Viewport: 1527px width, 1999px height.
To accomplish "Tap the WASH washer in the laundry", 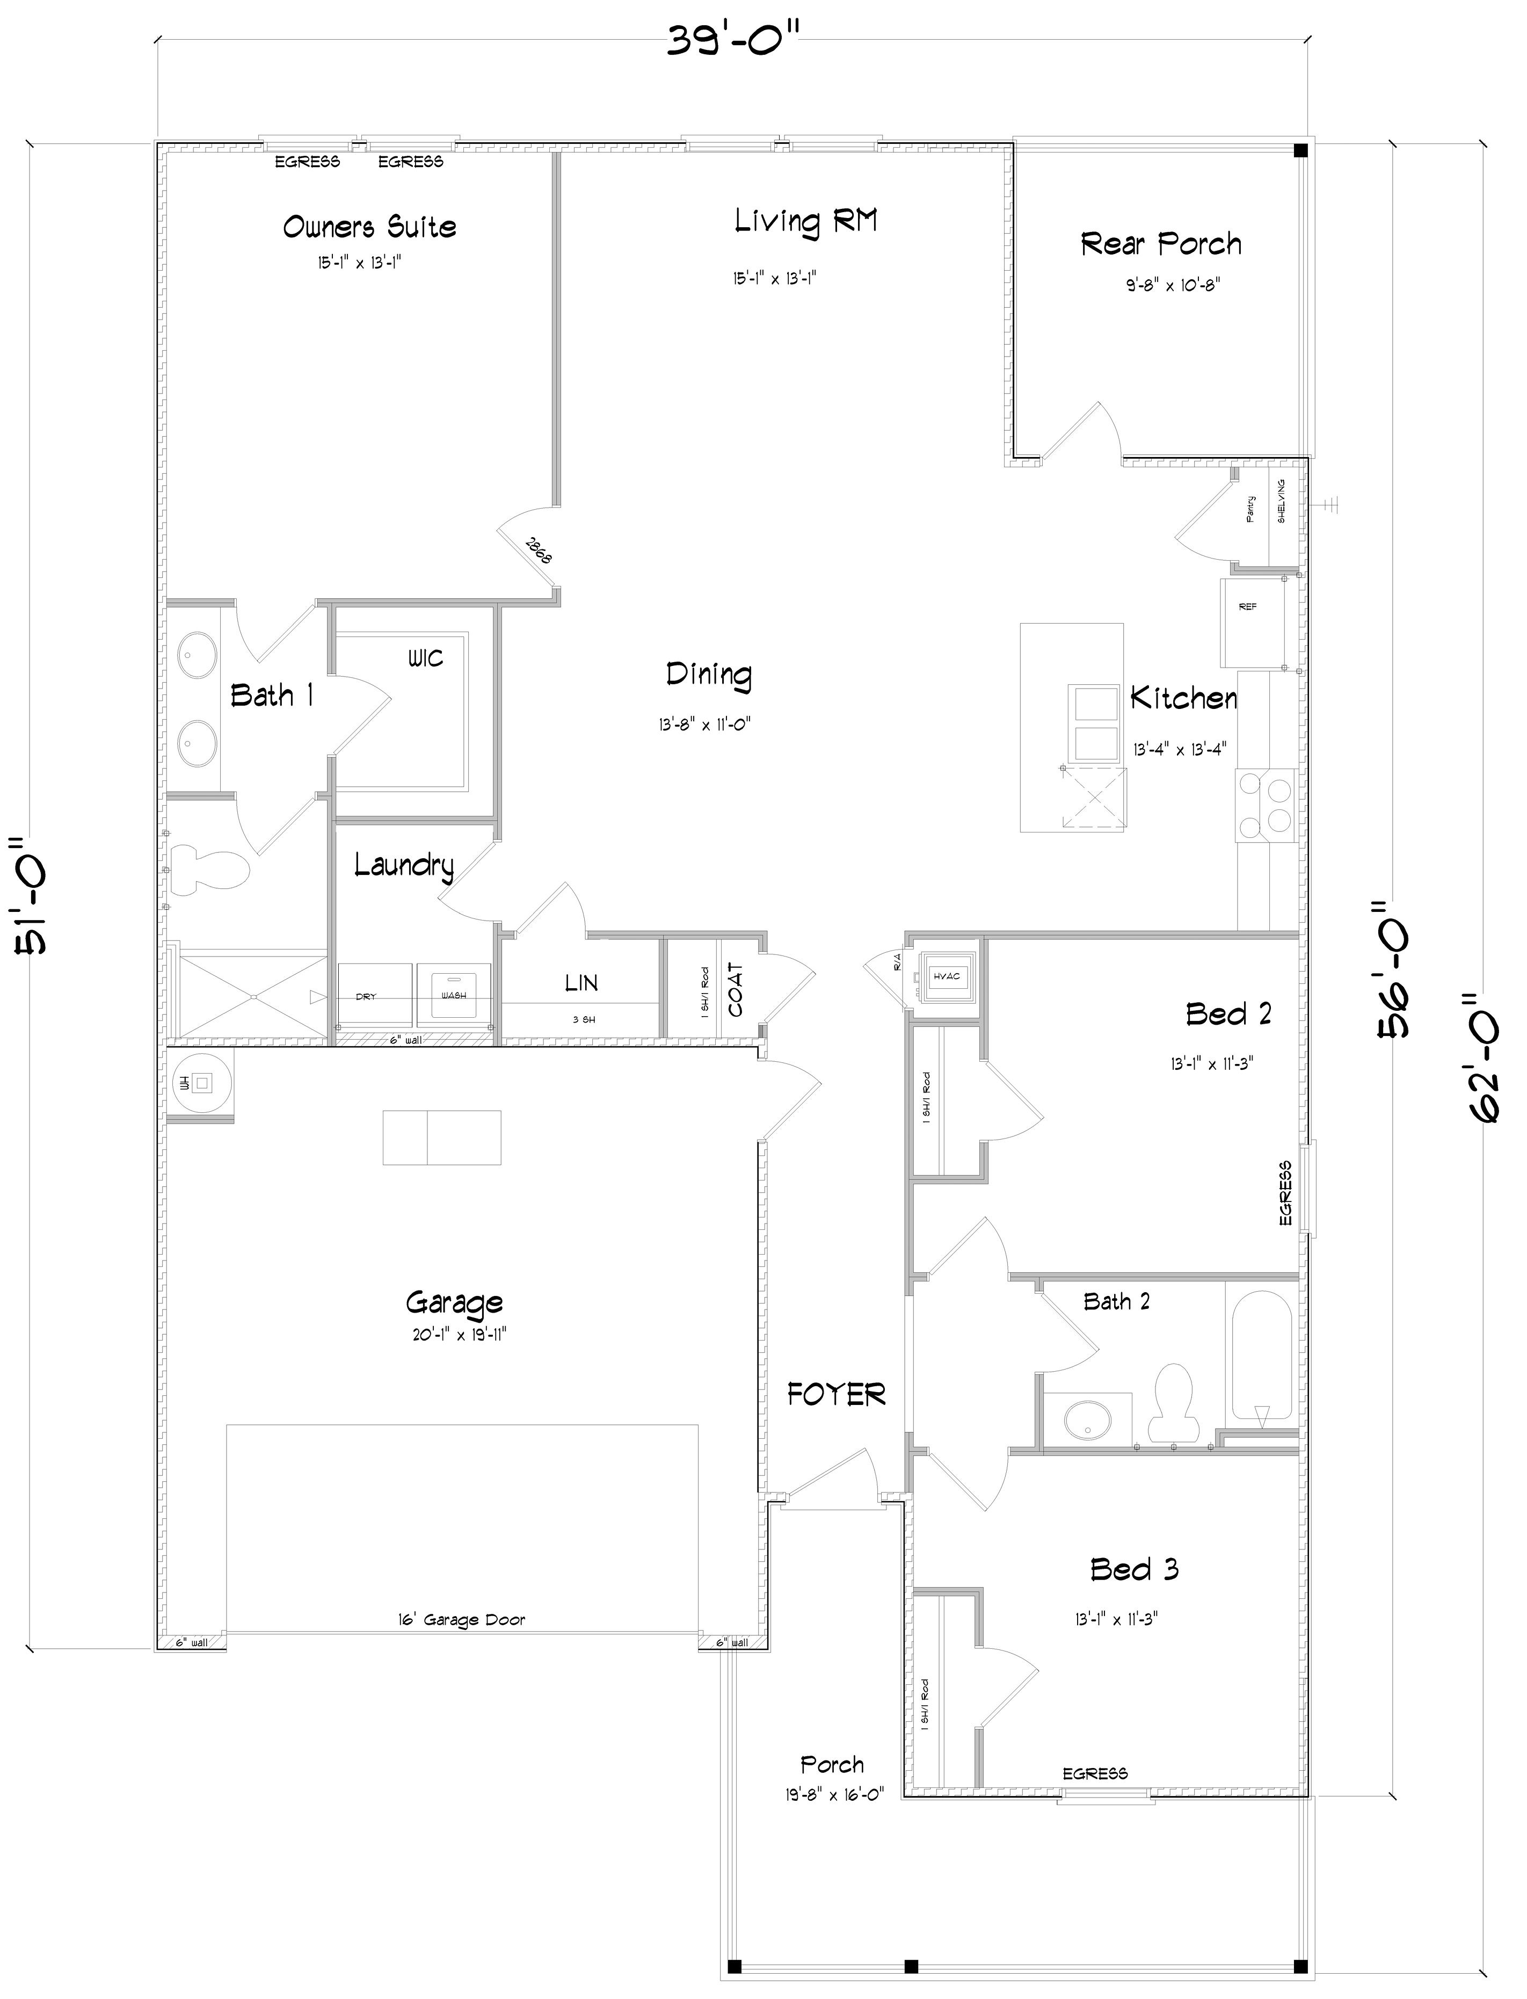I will point(454,995).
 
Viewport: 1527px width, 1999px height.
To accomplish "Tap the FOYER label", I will point(835,1394).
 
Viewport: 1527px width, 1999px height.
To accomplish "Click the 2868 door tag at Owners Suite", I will point(537,551).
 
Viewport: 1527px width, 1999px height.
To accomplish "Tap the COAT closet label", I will point(736,990).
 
